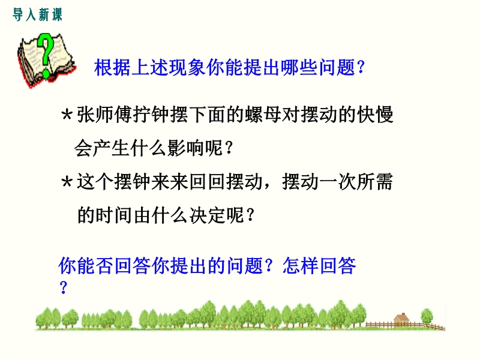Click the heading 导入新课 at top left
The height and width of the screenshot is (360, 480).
pyautogui.click(x=37, y=14)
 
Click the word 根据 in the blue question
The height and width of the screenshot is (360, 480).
pyautogui.click(x=112, y=67)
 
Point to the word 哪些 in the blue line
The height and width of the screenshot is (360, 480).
pyautogui.click(x=299, y=67)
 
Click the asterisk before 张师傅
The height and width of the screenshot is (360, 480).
pyautogui.click(x=67, y=116)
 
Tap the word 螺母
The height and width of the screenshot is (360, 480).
pyautogui.click(x=263, y=115)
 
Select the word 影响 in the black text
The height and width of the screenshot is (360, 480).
pyautogui.click(x=186, y=148)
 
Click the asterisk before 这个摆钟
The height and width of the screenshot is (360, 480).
pyautogui.click(x=67, y=183)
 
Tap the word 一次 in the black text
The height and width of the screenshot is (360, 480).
pyautogui.click(x=337, y=182)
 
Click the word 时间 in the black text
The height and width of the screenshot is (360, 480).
pyautogui.click(x=114, y=215)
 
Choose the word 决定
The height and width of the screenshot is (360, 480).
pyautogui.click(x=208, y=215)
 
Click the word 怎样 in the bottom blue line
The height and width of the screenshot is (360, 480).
pyautogui.click(x=301, y=265)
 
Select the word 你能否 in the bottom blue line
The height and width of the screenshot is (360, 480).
pyautogui.click(x=86, y=265)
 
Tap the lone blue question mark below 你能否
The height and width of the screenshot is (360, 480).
pyautogui.click(x=64, y=287)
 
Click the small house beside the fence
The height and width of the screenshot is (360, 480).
pyautogui.click(x=401, y=319)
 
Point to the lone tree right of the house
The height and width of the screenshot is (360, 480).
pyautogui.click(x=427, y=317)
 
